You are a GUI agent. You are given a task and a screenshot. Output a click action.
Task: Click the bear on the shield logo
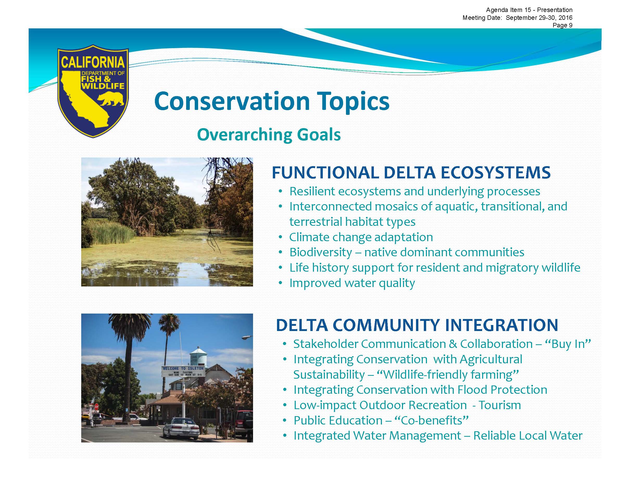[111, 99]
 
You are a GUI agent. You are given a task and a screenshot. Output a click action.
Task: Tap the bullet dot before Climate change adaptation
[281, 237]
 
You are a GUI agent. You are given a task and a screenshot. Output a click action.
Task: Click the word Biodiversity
[321, 252]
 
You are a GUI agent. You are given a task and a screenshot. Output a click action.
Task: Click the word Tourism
[500, 405]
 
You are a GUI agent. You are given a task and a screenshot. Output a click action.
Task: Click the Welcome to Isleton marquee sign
[183, 371]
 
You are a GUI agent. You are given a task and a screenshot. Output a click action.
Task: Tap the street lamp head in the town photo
[247, 337]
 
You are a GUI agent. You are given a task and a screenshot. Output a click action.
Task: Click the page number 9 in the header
[571, 25]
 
